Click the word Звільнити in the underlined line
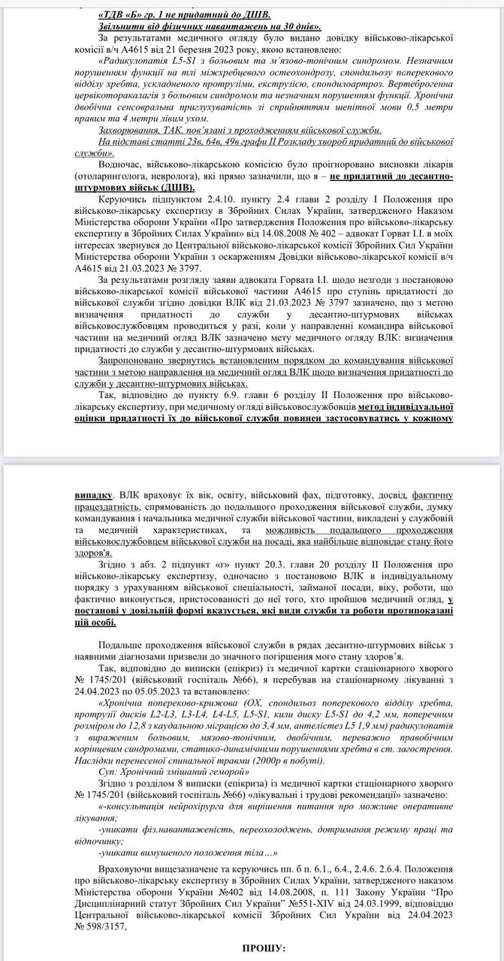122,27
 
